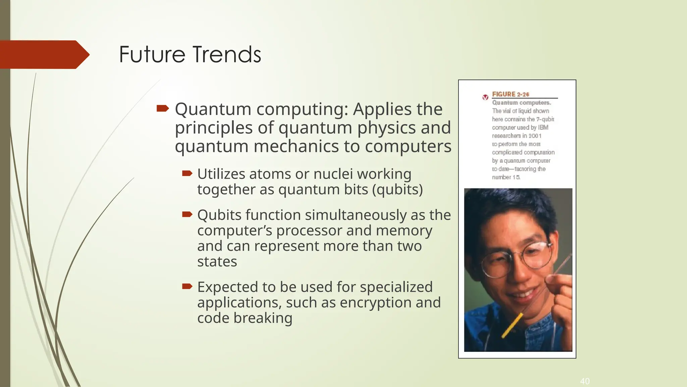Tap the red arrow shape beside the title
[x=44, y=54]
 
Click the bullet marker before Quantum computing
[x=163, y=108]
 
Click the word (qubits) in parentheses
[x=398, y=189]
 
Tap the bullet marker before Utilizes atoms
[x=187, y=173]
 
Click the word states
[x=217, y=262]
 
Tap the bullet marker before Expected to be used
[x=187, y=286]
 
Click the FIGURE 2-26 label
[x=510, y=94]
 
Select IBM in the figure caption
[x=543, y=128]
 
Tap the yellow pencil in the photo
[x=512, y=325]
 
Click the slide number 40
[x=585, y=381]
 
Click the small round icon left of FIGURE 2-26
[x=485, y=97]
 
